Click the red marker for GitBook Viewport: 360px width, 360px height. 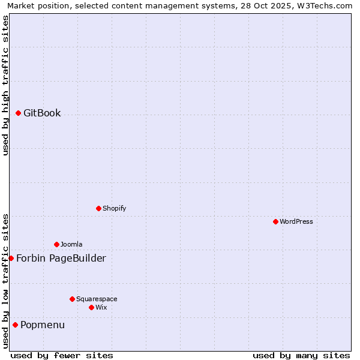18,113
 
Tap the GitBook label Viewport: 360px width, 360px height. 42,113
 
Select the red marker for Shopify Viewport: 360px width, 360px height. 98,208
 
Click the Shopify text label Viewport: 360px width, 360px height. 114,208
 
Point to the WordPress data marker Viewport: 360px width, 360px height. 275,221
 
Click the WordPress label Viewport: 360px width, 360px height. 296,221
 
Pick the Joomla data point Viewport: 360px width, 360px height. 56,244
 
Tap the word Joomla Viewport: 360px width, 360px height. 71,244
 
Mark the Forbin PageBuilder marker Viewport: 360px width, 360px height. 11,258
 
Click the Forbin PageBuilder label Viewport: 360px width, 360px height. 61,258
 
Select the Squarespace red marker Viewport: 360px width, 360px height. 72,299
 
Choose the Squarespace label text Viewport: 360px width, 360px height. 97,299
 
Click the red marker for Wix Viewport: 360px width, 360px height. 91,307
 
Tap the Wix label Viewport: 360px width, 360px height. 101,307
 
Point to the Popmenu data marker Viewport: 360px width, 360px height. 15,325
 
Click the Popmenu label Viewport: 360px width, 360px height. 43,325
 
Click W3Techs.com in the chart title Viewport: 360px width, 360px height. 328,5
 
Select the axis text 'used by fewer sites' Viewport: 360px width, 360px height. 62,355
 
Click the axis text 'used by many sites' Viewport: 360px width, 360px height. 301,355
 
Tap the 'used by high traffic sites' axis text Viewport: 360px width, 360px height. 5,85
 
